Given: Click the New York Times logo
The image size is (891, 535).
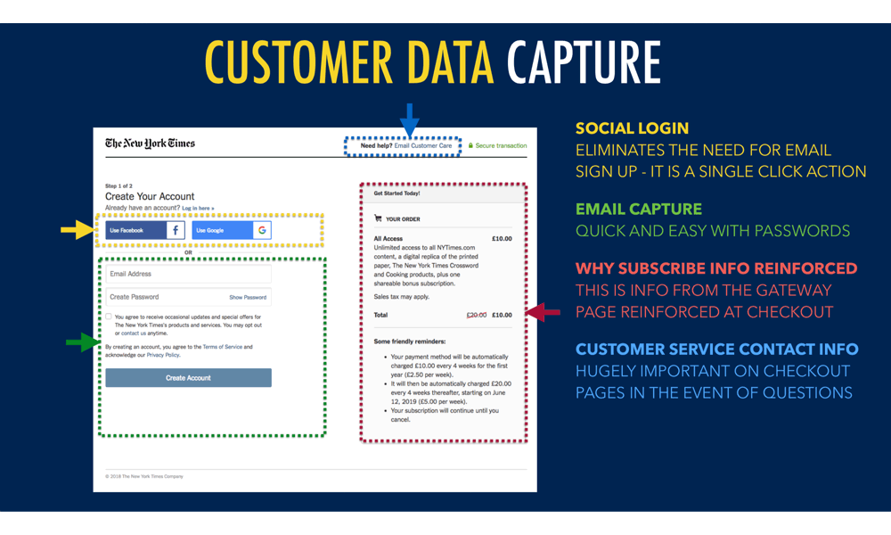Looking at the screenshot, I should (150, 143).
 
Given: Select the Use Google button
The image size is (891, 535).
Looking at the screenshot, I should (232, 230).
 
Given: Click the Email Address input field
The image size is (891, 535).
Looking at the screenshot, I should (188, 275).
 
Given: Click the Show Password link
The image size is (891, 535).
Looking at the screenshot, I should (248, 297).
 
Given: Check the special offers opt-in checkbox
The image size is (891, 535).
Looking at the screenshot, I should (109, 317).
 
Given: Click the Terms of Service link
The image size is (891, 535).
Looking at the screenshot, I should (222, 347).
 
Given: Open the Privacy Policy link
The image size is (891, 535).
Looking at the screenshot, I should (163, 355).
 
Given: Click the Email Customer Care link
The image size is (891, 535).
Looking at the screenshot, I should (423, 145).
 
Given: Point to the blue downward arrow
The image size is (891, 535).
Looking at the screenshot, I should (409, 119).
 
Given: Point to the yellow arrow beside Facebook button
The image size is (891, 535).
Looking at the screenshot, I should (78, 230).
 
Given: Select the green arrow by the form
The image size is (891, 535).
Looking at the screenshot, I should (83, 342).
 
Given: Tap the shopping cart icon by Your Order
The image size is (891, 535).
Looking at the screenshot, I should (378, 218).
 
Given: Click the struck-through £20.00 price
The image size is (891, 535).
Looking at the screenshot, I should (477, 315).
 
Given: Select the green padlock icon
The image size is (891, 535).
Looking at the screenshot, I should (470, 145).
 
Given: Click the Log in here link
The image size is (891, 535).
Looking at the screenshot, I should (199, 208).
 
